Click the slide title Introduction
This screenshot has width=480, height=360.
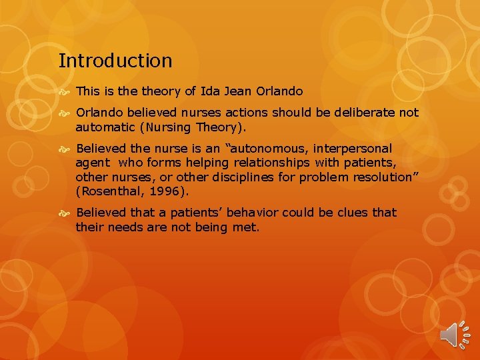(x=115, y=61)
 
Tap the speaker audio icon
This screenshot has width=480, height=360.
(x=455, y=331)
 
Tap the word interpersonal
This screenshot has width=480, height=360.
(x=351, y=149)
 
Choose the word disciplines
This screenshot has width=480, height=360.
(x=243, y=177)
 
